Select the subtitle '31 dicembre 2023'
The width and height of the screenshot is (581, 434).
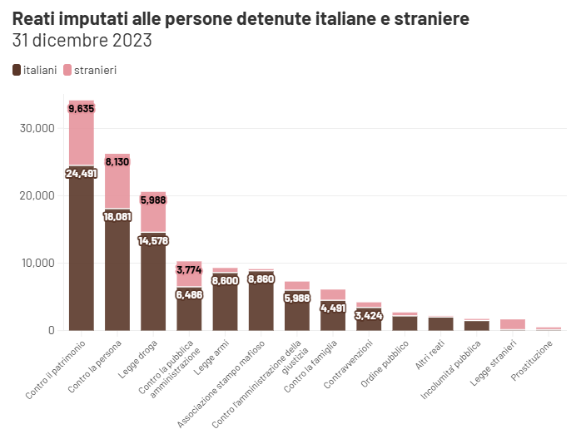(x=82, y=40)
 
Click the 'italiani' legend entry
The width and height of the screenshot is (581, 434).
(x=35, y=70)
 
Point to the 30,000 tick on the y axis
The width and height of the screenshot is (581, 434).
(x=35, y=129)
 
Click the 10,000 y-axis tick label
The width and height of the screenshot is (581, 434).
(x=35, y=264)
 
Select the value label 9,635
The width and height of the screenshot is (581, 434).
(x=82, y=109)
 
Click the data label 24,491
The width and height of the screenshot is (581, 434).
(x=82, y=173)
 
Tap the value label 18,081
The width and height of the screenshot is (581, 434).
(x=117, y=216)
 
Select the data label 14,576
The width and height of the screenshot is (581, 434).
(x=153, y=241)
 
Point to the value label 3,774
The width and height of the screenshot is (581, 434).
(x=189, y=269)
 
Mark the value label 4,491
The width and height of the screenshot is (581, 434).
(x=332, y=307)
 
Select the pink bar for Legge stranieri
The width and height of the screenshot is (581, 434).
(x=512, y=324)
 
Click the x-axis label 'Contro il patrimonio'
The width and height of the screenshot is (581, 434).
(x=57, y=372)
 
